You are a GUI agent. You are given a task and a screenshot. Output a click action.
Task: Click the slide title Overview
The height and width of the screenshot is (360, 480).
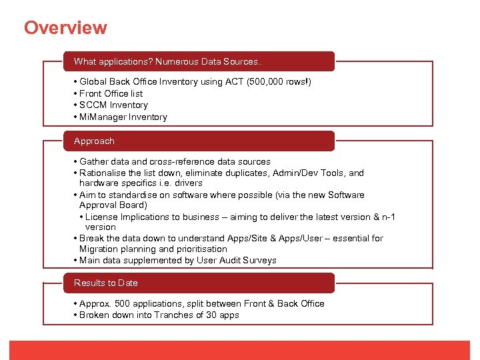tap(65, 28)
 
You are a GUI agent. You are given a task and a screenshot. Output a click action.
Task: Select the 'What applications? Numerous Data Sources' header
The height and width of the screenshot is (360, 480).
tap(168, 61)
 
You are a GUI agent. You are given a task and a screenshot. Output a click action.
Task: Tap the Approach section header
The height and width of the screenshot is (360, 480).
tap(94, 141)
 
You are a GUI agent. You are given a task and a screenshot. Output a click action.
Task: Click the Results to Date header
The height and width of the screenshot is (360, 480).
tap(106, 283)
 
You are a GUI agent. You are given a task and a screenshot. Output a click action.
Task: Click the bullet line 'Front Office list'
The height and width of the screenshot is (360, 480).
tap(111, 93)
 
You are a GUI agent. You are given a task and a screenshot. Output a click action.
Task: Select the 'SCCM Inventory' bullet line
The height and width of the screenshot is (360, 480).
tap(113, 105)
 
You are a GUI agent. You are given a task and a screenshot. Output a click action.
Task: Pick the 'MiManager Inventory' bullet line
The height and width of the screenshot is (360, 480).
tap(123, 117)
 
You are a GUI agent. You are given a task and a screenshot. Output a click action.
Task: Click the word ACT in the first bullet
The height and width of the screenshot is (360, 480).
tap(233, 82)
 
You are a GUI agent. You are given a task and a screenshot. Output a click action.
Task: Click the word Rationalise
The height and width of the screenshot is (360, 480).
tap(103, 173)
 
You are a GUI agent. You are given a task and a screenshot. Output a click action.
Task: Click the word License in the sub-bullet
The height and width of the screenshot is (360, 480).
tap(101, 217)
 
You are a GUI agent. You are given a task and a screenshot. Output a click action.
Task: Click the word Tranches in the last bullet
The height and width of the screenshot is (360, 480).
tap(175, 315)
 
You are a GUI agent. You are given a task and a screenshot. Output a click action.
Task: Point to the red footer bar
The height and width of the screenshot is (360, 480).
tap(240, 350)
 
